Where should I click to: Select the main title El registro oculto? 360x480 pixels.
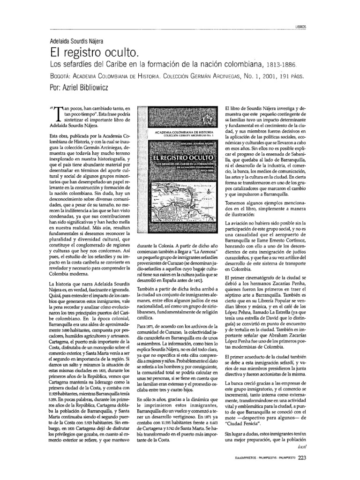coord(93,51)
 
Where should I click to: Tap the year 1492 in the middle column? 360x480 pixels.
coord(196,280)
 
